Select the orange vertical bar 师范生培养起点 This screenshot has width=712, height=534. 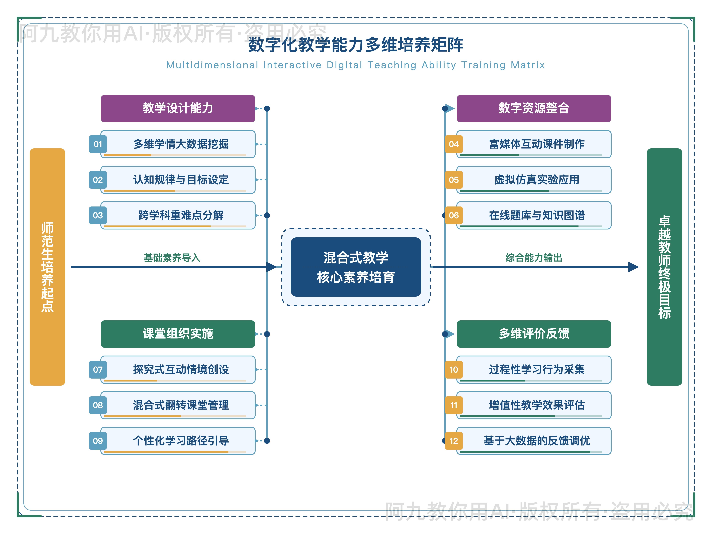pyautogui.click(x=47, y=267)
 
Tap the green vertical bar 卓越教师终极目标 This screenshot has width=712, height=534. pyautogui.click(x=664, y=267)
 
